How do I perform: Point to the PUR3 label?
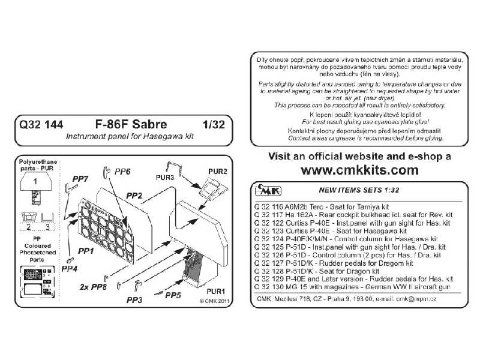tap(164, 178)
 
